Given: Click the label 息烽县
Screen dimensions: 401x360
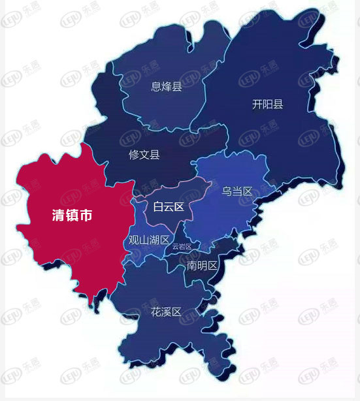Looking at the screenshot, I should click(x=167, y=86).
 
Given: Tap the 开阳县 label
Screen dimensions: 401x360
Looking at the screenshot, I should click(x=268, y=104).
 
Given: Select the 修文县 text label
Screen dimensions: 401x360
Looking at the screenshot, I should click(x=144, y=155).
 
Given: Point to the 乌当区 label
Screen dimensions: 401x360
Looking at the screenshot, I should click(x=237, y=191).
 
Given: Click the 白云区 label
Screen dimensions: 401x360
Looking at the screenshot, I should click(x=169, y=208).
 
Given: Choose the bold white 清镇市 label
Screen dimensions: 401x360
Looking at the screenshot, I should click(x=73, y=216).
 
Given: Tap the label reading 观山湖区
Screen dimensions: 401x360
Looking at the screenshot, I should click(x=149, y=240).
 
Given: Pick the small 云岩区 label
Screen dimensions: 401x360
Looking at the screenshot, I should click(x=182, y=247).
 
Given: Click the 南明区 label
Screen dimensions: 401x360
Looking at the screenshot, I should click(x=202, y=266).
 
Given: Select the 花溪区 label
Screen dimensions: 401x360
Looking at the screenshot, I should click(x=165, y=313).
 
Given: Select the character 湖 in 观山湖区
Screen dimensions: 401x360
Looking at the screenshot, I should click(x=154, y=240).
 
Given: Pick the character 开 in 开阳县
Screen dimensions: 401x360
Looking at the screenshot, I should click(x=257, y=104).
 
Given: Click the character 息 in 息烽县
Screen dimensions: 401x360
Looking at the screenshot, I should click(x=156, y=86).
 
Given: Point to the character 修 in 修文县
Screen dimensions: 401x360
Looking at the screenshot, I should click(x=134, y=155).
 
